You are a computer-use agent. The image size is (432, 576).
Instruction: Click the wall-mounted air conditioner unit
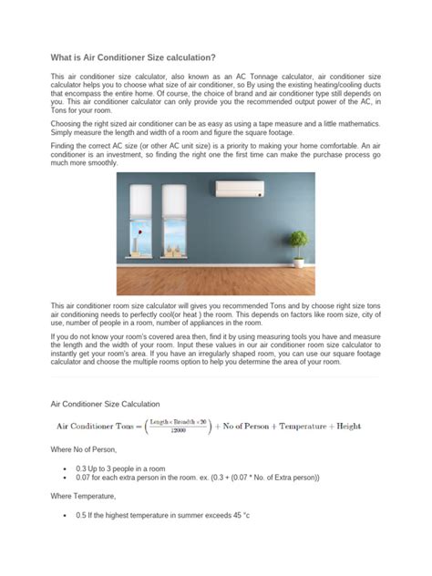coord(239,190)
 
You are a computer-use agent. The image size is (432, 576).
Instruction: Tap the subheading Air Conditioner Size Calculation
coord(105,403)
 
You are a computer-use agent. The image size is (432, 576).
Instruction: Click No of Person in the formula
coord(243,426)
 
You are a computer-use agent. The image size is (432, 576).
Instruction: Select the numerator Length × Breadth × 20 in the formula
coord(189,420)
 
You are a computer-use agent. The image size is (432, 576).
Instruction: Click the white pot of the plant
coord(298,258)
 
